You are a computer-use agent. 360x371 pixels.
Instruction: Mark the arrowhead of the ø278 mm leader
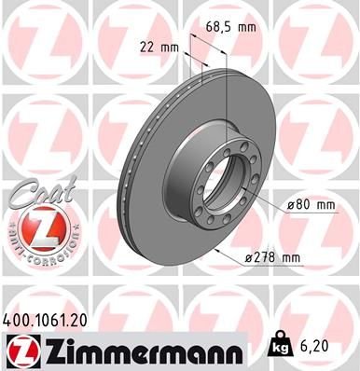(216, 250)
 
